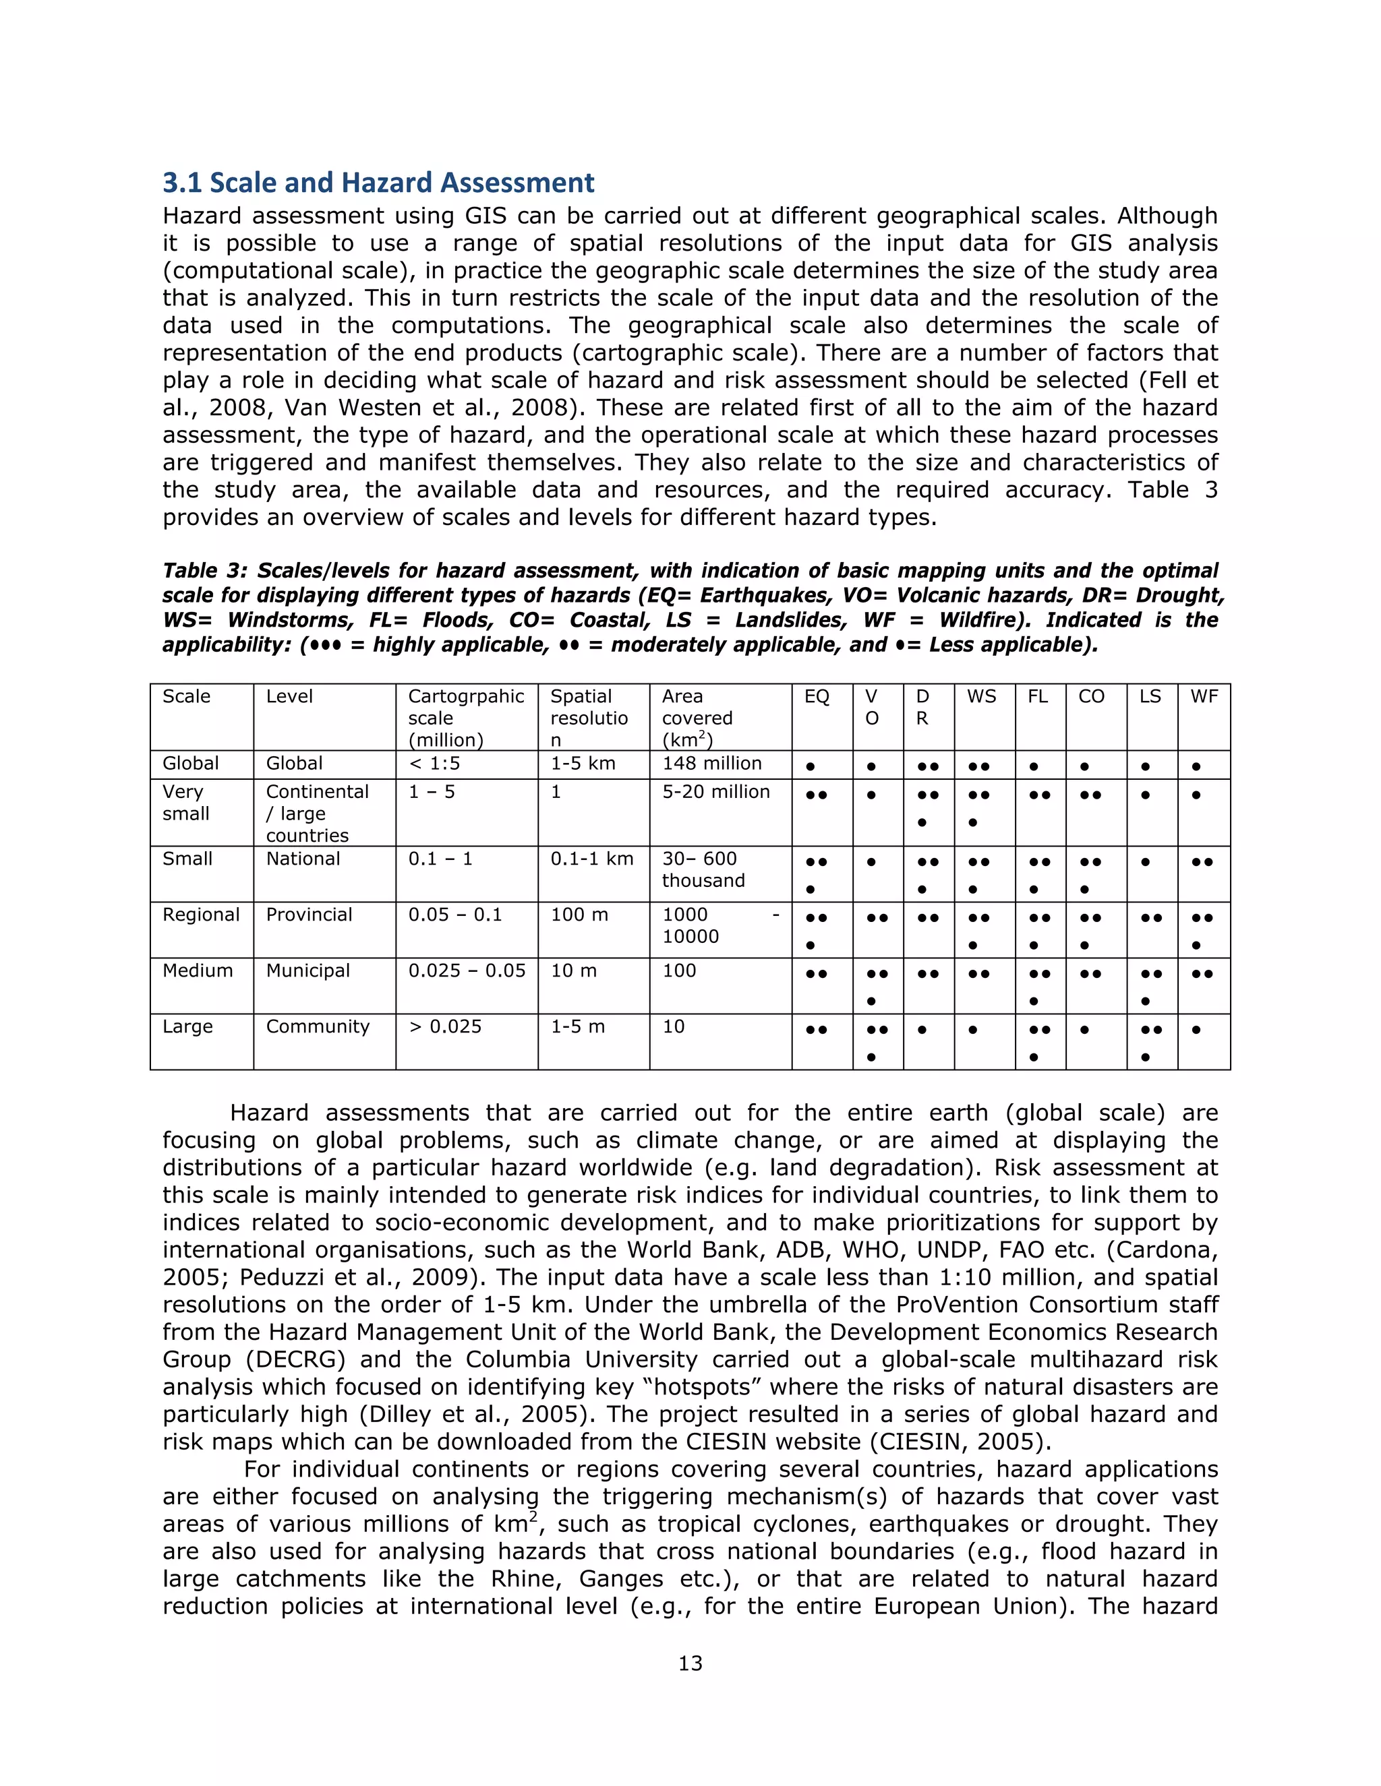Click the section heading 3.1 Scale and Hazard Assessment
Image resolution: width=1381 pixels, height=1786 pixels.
point(378,183)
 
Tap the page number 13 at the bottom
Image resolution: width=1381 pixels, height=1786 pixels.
point(690,1663)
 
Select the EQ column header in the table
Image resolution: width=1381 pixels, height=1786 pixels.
point(817,697)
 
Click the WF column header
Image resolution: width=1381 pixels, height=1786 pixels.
point(1204,697)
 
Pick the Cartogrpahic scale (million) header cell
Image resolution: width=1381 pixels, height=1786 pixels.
point(465,717)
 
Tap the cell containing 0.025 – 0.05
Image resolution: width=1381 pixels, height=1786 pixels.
point(467,971)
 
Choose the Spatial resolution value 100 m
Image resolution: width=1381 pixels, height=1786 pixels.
point(579,915)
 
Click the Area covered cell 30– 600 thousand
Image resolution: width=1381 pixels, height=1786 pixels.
point(703,869)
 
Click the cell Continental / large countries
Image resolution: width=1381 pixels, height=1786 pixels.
point(317,813)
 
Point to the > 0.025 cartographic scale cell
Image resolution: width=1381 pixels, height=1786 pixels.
point(445,1026)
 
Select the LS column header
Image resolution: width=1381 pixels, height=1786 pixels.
point(1150,697)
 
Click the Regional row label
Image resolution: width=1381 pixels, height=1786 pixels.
point(200,915)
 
